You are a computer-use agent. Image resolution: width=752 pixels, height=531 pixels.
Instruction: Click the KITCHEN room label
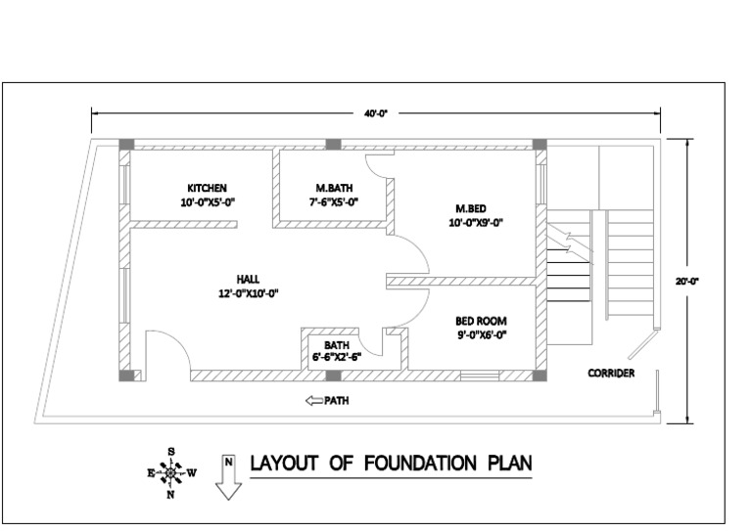208,187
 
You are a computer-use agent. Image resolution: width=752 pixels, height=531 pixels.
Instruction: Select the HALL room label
248,278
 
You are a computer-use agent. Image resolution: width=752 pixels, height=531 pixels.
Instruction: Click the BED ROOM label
481,321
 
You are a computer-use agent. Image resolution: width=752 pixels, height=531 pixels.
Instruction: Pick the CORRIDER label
611,374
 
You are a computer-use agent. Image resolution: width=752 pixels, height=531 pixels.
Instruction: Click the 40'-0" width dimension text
376,114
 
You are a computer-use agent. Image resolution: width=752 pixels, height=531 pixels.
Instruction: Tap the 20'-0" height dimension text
686,281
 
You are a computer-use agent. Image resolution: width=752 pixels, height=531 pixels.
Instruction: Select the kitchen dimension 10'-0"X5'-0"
208,202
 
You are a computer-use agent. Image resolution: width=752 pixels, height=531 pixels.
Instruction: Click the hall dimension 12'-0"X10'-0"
250,292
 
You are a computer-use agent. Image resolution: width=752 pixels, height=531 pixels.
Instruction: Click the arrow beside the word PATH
314,400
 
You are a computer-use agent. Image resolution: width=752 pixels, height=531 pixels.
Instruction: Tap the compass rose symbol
171,472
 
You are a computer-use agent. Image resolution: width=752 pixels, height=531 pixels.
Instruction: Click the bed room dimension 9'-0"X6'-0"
481,335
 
